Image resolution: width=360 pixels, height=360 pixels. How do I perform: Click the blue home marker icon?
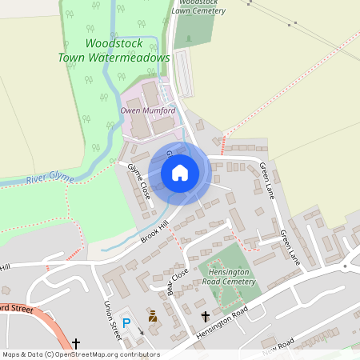pyautogui.click(x=180, y=172)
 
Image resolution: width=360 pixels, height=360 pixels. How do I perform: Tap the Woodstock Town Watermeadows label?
pyautogui.click(x=114, y=50)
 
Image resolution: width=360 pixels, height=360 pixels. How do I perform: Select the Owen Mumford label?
pyautogui.click(x=147, y=110)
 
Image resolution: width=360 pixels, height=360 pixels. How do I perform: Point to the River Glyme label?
pyautogui.click(x=49, y=177)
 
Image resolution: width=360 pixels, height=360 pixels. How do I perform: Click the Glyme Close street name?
pyautogui.click(x=139, y=181)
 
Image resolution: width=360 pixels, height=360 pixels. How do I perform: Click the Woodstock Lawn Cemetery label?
pyautogui.click(x=198, y=6)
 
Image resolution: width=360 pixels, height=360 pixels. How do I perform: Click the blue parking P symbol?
pyautogui.click(x=126, y=322)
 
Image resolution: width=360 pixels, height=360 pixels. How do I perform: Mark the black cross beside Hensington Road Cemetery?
pyautogui.click(x=205, y=317)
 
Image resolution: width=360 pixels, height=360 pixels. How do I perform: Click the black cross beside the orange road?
pyautogui.click(x=76, y=344)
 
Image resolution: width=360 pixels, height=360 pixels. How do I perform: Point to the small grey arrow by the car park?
pyautogui.click(x=141, y=330)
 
